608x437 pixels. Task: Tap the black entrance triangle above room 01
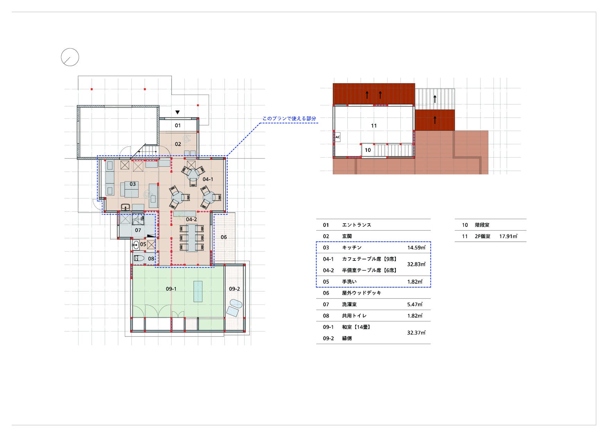coord(177,112)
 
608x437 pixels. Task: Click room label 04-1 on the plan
coord(208,179)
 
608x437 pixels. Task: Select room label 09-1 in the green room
coord(171,289)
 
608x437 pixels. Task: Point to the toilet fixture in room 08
coord(139,258)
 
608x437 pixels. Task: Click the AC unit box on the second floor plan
coord(338,137)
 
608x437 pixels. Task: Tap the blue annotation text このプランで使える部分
coord(289,119)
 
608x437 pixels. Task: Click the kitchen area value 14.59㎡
coord(416,248)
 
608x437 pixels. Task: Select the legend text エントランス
coord(356,225)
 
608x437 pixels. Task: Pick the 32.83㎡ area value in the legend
coord(416,264)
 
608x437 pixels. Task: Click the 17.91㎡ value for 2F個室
coord(508,236)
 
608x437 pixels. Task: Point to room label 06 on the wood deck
coord(224,237)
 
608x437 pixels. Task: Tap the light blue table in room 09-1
coord(198,291)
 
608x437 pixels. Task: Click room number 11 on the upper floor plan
coord(374,126)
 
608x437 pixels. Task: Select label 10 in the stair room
coord(368,150)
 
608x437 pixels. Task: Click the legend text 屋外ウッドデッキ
coord(362,293)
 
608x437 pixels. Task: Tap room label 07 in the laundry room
coord(138,230)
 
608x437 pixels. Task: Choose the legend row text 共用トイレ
coord(354,316)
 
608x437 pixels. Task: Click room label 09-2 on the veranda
coord(234,289)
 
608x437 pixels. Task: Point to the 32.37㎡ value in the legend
coord(416,333)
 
